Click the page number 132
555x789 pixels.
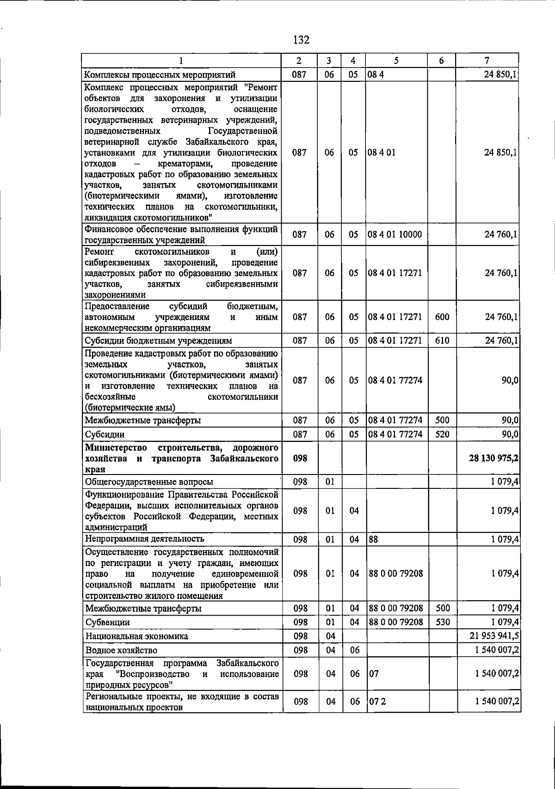[x=301, y=40]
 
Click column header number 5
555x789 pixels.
[x=396, y=61]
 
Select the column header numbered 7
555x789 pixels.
[x=487, y=61]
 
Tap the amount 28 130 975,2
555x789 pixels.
[x=493, y=458]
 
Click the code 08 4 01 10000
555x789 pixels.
[x=395, y=234]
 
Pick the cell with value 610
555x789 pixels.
[x=442, y=341]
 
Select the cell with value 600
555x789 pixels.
[x=442, y=317]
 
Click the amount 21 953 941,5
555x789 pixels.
[x=494, y=636]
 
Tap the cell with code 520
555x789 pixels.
[x=442, y=434]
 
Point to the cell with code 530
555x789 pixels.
[x=443, y=622]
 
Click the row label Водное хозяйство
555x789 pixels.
[x=121, y=650]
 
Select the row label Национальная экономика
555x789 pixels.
[x=136, y=636]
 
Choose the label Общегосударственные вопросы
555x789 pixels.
[x=149, y=482]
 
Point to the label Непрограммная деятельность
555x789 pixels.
[x=144, y=539]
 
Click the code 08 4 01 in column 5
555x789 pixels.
[x=382, y=152]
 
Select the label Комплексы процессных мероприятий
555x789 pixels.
[x=160, y=75]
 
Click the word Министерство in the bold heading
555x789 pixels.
[x=116, y=448]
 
